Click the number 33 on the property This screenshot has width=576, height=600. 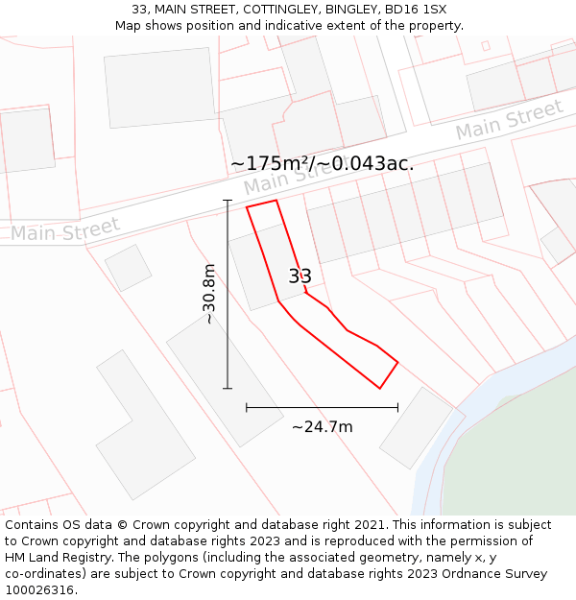(x=300, y=276)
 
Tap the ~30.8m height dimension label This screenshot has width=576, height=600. (x=208, y=294)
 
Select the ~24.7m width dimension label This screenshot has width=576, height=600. (x=322, y=426)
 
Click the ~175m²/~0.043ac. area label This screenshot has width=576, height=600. (x=323, y=163)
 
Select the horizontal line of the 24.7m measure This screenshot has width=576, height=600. (x=322, y=408)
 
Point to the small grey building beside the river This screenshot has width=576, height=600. (x=415, y=427)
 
